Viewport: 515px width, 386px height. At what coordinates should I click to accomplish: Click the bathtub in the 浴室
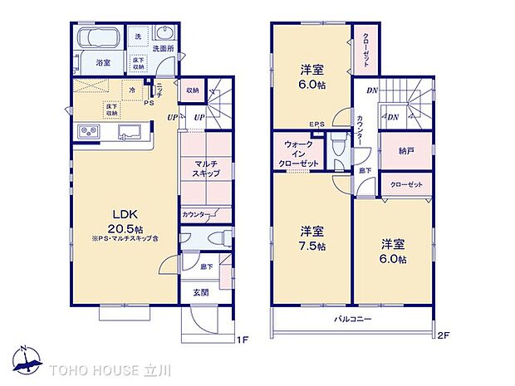tap(99, 37)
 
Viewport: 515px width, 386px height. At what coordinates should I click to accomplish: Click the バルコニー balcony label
tap(353, 320)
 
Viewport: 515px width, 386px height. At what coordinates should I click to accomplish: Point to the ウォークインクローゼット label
tap(297, 154)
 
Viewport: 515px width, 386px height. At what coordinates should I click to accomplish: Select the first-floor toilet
tap(218, 237)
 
